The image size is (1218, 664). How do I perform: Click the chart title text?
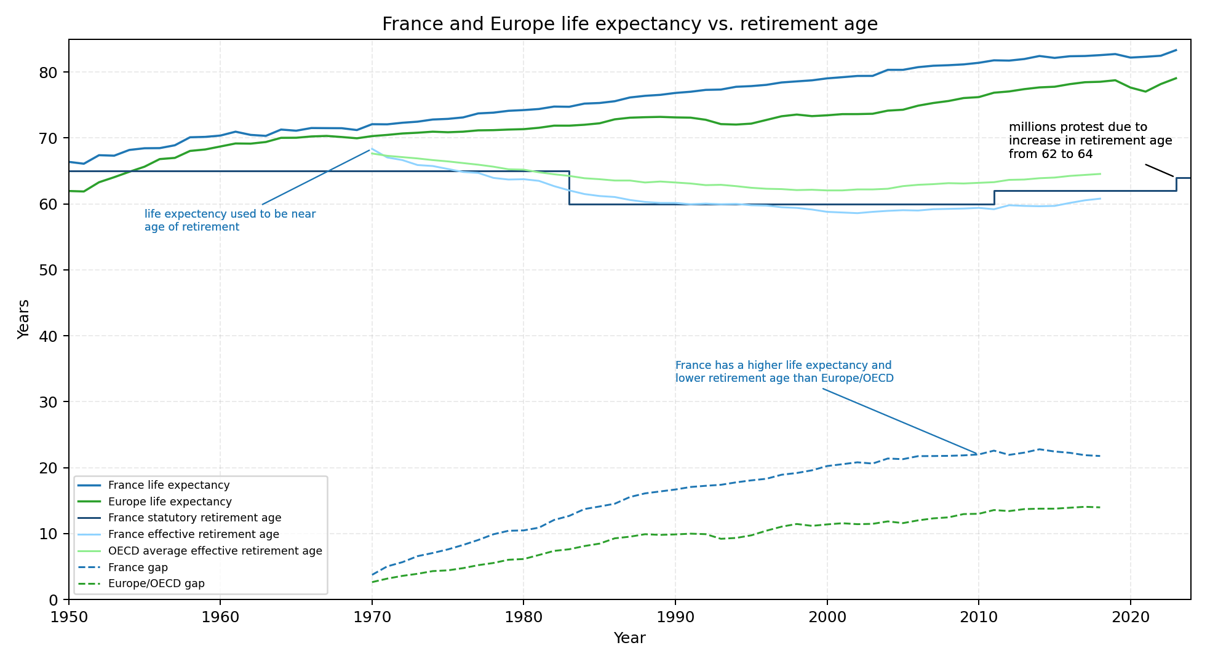[629, 24]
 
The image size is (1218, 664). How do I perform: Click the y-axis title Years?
[23, 319]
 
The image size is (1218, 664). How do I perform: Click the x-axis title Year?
[629, 639]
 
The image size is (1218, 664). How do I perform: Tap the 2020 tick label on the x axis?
[1130, 617]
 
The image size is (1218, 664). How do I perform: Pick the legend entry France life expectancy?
[169, 485]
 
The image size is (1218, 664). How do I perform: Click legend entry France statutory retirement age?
[194, 518]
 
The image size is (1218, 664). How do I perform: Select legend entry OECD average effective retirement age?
[215, 551]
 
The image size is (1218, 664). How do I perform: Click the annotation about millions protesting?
[1089, 141]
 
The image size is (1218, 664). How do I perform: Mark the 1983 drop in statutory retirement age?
[569, 188]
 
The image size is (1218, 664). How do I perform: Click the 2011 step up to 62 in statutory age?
[994, 197]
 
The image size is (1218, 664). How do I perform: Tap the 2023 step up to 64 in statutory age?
[1176, 184]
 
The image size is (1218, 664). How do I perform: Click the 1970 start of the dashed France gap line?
[372, 575]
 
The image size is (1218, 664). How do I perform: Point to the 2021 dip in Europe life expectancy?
[1145, 92]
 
